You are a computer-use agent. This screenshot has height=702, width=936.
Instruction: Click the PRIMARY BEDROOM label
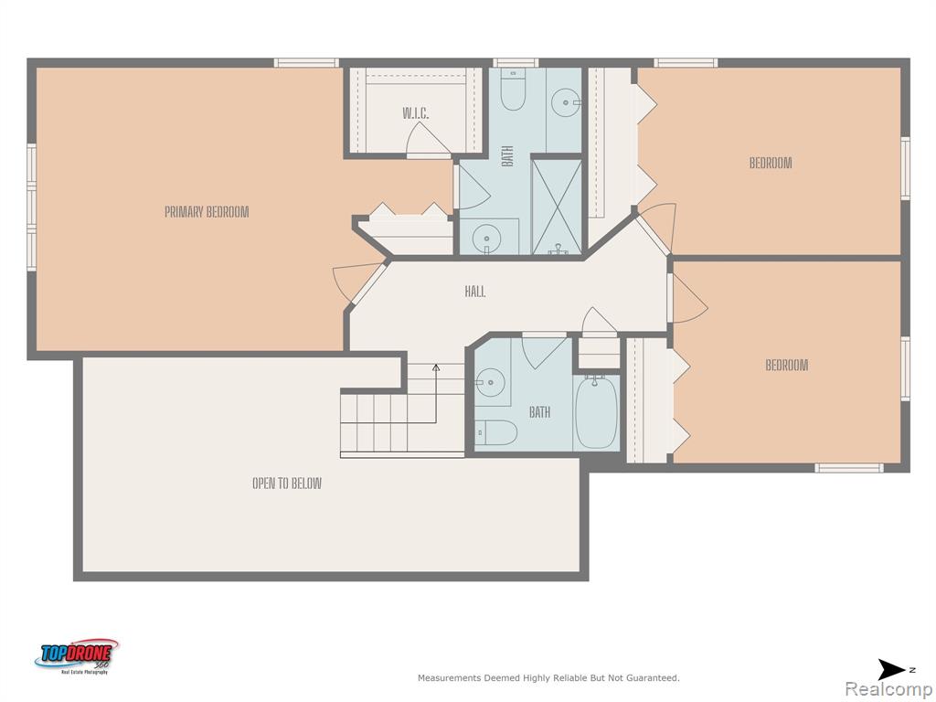(207, 212)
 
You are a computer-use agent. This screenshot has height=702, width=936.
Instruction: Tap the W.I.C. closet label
(416, 113)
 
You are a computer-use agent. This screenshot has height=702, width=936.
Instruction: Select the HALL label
(475, 292)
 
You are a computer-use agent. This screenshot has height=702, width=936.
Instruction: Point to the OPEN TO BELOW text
(287, 483)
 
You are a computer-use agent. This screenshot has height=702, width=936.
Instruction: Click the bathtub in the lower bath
(596, 412)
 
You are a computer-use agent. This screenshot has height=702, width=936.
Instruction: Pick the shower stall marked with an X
(557, 207)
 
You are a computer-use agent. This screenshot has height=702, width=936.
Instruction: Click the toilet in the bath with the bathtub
(496, 432)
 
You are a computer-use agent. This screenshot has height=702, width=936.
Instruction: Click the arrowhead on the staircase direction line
(436, 367)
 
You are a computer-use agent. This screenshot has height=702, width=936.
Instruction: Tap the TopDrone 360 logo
(77, 656)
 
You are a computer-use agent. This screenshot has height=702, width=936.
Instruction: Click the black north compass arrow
(891, 670)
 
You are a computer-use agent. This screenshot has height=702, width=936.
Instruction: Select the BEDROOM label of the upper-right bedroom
(771, 163)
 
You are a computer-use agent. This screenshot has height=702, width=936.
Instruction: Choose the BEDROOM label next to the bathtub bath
(787, 365)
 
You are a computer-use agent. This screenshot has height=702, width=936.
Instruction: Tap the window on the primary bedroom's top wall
(306, 63)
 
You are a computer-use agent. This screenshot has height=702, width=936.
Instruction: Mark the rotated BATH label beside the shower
(507, 156)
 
